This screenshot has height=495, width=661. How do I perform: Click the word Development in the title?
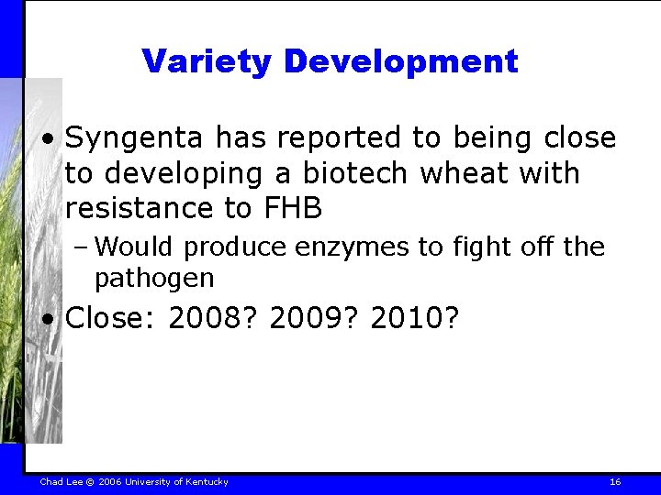coord(401,61)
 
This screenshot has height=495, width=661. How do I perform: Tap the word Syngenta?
coord(136,138)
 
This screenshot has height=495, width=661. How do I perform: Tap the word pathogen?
coord(153,277)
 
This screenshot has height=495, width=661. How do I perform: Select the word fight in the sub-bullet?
coord(475,247)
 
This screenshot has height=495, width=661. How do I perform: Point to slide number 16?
coord(615,481)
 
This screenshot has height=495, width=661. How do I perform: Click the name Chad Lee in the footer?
coord(62,481)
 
